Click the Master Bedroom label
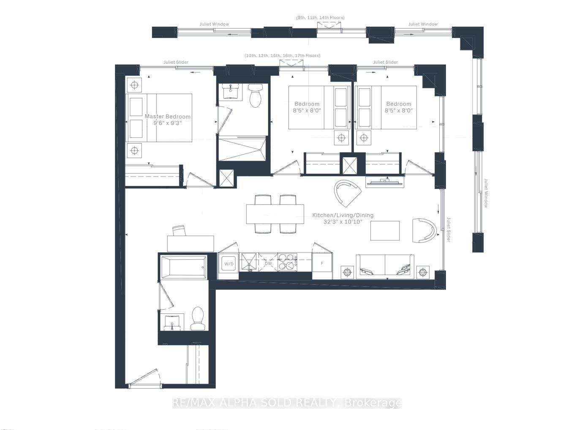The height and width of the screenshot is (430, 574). click(x=167, y=117)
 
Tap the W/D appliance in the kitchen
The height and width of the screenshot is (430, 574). click(x=229, y=264)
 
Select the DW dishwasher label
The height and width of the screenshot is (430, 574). click(x=268, y=264)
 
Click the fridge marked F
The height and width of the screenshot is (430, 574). click(x=322, y=263)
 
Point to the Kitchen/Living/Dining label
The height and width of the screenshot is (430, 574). click(x=343, y=215)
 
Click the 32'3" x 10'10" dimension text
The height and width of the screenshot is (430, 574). click(x=343, y=222)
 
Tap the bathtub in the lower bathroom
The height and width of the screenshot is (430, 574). click(x=184, y=267)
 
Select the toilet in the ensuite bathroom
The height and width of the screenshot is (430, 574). click(x=255, y=95)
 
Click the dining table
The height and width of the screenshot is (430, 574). click(x=275, y=214)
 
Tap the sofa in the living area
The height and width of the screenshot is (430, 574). click(x=385, y=267)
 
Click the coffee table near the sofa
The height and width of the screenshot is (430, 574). click(x=385, y=231)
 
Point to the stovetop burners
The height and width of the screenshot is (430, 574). click(x=287, y=262)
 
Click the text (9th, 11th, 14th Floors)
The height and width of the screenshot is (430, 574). click(x=320, y=17)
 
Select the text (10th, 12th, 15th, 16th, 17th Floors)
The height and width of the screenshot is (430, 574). click(x=282, y=56)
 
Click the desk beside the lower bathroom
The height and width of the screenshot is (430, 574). click(x=190, y=244)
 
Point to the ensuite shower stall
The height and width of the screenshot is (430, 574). click(x=242, y=149)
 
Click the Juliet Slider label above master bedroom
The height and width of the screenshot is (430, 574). click(x=176, y=62)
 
